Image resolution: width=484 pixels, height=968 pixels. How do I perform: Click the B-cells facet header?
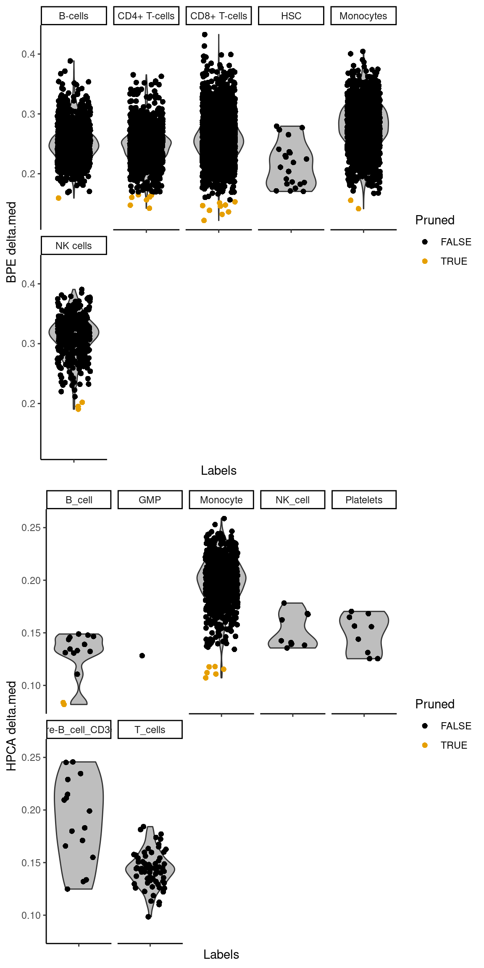pyautogui.click(x=74, y=16)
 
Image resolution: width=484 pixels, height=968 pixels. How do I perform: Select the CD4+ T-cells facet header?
pyautogui.click(x=146, y=16)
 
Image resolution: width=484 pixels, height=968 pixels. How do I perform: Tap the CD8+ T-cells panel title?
pyautogui.click(x=218, y=16)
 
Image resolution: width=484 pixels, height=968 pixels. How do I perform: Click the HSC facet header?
pyautogui.click(x=291, y=16)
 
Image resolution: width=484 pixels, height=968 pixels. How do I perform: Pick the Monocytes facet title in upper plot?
pyautogui.click(x=363, y=16)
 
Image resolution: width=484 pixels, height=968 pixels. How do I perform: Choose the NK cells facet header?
pyautogui.click(x=74, y=246)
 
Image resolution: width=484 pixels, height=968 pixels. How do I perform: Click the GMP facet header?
pyautogui.click(x=150, y=500)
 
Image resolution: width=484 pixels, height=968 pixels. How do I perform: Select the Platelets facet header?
pyautogui.click(x=364, y=500)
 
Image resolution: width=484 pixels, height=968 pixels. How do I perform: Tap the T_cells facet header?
pyautogui.click(x=150, y=730)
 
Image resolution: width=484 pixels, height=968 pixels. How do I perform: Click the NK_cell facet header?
pyautogui.click(x=292, y=500)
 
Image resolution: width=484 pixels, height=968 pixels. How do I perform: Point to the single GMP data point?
pyautogui.click(x=142, y=655)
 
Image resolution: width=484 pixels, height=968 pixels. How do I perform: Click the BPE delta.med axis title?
pyautogui.click(x=11, y=242)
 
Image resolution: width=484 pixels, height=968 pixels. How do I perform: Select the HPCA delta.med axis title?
pyautogui.click(x=11, y=726)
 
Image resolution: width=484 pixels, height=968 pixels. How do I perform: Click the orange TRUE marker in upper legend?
pyautogui.click(x=425, y=261)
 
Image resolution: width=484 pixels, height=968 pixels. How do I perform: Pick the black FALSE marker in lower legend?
pyautogui.click(x=425, y=726)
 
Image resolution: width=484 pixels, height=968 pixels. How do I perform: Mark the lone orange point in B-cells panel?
pyautogui.click(x=58, y=198)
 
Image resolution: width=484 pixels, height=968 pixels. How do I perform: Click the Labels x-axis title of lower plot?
pyautogui.click(x=221, y=955)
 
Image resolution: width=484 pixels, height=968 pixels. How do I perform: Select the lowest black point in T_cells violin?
pyautogui.click(x=148, y=917)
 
